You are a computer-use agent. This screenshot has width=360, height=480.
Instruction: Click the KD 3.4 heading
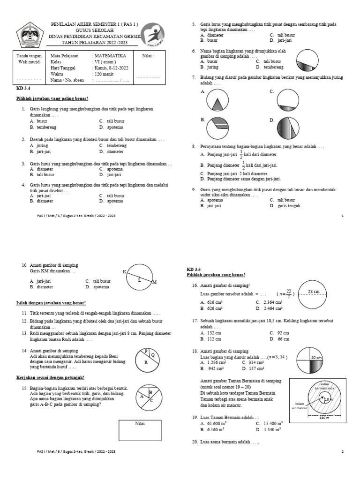tap(23, 88)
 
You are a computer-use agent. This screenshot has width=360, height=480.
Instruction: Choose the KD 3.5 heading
tap(194, 270)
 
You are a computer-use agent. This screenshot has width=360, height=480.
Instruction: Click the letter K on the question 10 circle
tap(124, 272)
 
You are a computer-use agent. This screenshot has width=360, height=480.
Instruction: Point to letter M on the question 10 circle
tap(155, 282)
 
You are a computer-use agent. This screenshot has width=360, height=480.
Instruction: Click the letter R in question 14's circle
tap(146, 362)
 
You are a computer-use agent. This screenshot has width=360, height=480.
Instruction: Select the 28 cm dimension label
tap(314, 292)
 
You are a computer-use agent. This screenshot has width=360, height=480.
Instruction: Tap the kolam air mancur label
tap(299, 405)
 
